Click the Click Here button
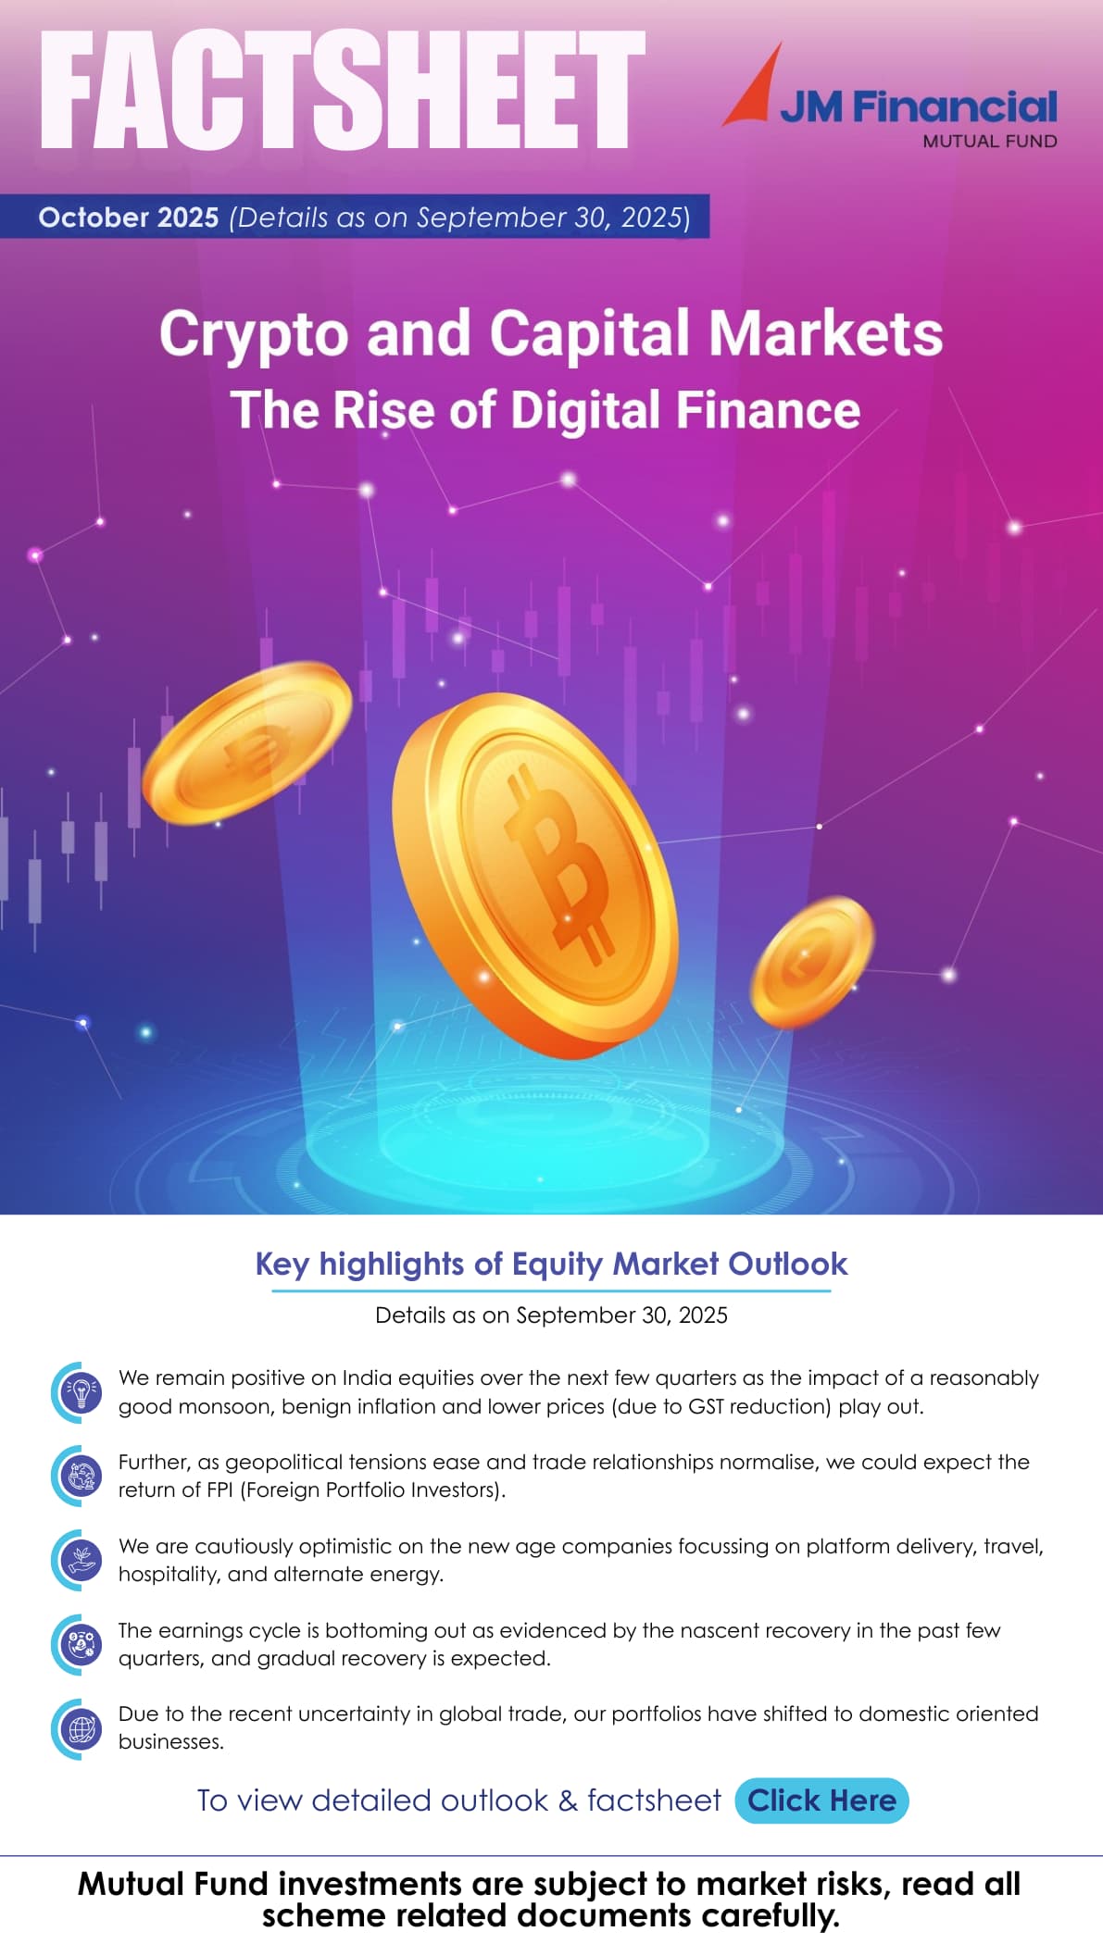point(821,1801)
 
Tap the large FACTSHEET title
point(342,90)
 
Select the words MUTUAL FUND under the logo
point(989,142)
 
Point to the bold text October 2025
point(129,218)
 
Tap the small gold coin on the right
point(810,961)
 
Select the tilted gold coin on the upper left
point(247,742)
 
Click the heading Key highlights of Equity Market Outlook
point(551,1264)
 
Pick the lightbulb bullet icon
point(81,1392)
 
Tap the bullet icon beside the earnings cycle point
point(81,1644)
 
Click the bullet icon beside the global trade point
point(81,1728)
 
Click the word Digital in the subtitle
point(585,410)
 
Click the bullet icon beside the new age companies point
point(81,1560)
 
